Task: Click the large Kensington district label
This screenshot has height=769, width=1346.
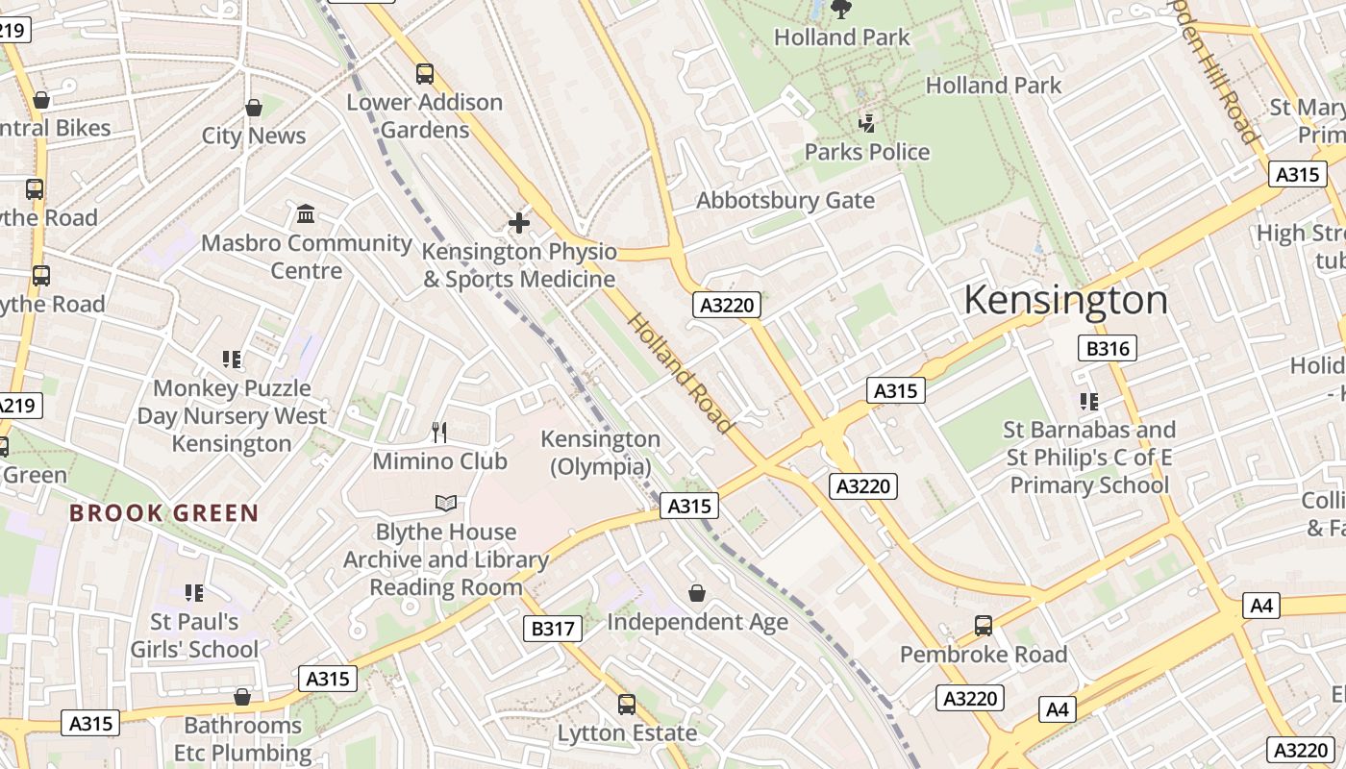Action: (x=1065, y=300)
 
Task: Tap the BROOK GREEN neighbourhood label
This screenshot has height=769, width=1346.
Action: (x=163, y=513)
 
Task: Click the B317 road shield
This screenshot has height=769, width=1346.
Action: (x=553, y=629)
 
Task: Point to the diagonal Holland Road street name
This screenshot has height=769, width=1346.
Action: (x=681, y=372)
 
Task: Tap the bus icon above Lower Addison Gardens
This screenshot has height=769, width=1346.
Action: (x=424, y=73)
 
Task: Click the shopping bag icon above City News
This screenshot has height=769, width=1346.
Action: (x=254, y=108)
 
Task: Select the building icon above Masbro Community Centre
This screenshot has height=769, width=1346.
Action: (x=306, y=213)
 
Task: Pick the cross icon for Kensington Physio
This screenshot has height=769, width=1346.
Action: (x=519, y=224)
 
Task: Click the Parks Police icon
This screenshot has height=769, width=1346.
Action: (x=867, y=123)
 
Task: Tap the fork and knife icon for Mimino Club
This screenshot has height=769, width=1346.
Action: (x=439, y=433)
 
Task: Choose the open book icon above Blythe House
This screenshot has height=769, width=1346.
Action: (x=445, y=503)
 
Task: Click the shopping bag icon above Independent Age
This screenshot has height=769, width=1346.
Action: (x=697, y=593)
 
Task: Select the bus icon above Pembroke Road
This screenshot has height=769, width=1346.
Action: (x=984, y=626)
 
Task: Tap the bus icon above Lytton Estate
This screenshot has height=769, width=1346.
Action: (x=627, y=705)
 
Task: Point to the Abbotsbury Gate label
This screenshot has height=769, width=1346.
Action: (x=785, y=201)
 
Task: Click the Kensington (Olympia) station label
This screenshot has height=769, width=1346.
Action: (x=601, y=453)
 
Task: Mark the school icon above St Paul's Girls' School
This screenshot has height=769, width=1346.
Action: (x=194, y=593)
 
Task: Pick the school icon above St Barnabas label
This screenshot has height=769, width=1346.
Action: (x=1088, y=401)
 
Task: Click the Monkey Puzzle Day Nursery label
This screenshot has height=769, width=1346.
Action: (x=232, y=415)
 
